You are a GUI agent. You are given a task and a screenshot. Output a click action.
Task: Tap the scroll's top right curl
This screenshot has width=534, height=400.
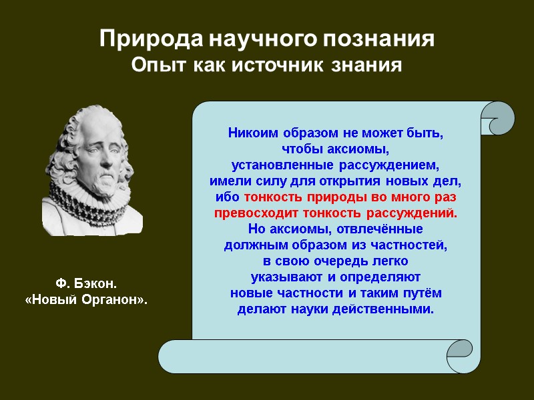[x=497, y=119]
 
